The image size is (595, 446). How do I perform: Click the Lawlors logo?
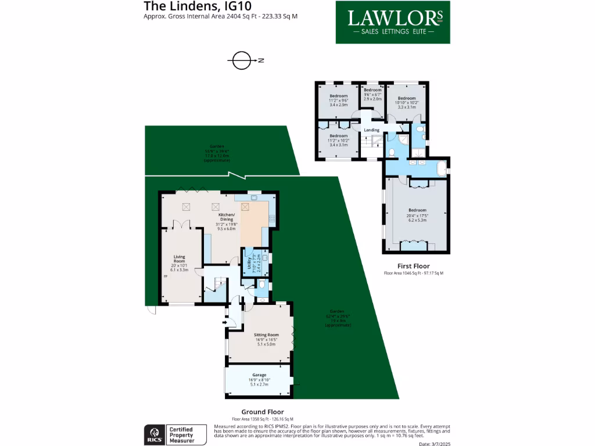tap(393, 22)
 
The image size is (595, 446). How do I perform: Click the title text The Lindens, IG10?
tap(181, 6)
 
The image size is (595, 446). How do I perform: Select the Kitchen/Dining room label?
tap(226, 221)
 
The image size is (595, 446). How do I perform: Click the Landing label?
tap(371, 130)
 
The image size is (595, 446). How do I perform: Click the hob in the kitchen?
tap(271, 218)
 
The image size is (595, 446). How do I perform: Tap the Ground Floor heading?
tap(263, 412)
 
